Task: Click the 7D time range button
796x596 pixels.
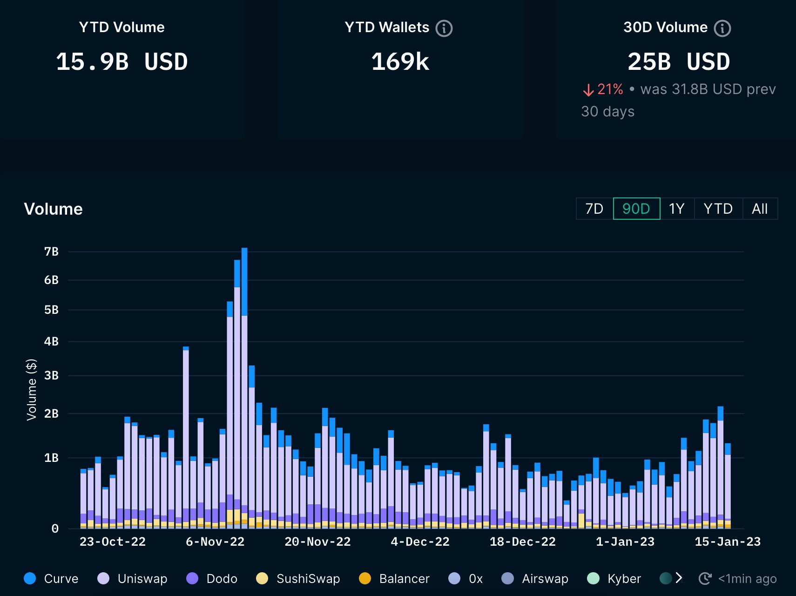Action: (594, 209)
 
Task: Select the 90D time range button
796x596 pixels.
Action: (636, 209)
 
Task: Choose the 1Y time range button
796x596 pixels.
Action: (676, 209)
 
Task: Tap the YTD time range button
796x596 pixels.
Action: (718, 209)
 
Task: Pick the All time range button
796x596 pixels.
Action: (759, 209)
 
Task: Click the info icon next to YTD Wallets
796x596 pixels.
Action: (444, 28)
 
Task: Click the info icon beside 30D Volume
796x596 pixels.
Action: (722, 28)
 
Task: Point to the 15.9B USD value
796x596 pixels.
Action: (121, 62)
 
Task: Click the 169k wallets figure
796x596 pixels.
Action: (400, 62)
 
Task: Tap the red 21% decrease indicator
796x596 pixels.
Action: (603, 89)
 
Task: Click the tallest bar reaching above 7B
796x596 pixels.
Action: (244, 372)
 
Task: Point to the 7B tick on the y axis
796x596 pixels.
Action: (51, 252)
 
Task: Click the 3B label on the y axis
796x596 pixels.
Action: (51, 375)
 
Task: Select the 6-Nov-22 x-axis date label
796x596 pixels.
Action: (215, 542)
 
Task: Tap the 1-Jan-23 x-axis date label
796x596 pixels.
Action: (625, 542)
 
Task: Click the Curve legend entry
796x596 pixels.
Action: (51, 578)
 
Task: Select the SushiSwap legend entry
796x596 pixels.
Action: (298, 578)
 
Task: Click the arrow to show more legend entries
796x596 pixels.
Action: (679, 578)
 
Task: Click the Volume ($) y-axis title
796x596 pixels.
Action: (31, 389)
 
